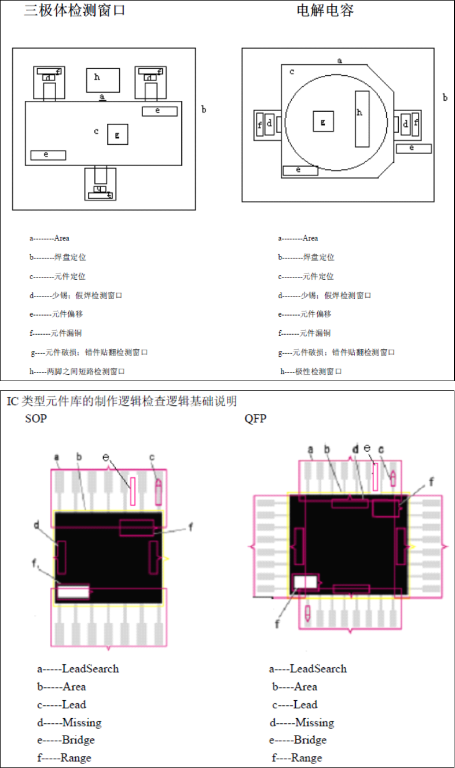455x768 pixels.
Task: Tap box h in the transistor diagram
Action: point(103,80)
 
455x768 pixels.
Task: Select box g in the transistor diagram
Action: point(118,134)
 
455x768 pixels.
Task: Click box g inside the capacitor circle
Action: point(323,121)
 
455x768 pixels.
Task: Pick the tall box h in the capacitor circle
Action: point(362,118)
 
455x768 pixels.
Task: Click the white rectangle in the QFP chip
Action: point(306,582)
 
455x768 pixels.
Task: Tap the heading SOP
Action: point(36,419)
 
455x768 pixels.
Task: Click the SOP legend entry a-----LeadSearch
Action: point(78,669)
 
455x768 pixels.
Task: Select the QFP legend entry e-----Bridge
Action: point(298,740)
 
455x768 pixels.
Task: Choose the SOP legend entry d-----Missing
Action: point(69,723)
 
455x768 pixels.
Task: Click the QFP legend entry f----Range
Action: point(297,758)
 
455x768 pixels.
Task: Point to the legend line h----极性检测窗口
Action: point(311,371)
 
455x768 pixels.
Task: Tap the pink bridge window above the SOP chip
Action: point(133,491)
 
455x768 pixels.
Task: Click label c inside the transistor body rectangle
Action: point(96,131)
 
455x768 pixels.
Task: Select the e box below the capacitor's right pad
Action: point(413,148)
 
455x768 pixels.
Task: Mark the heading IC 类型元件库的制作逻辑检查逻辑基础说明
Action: point(122,401)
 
